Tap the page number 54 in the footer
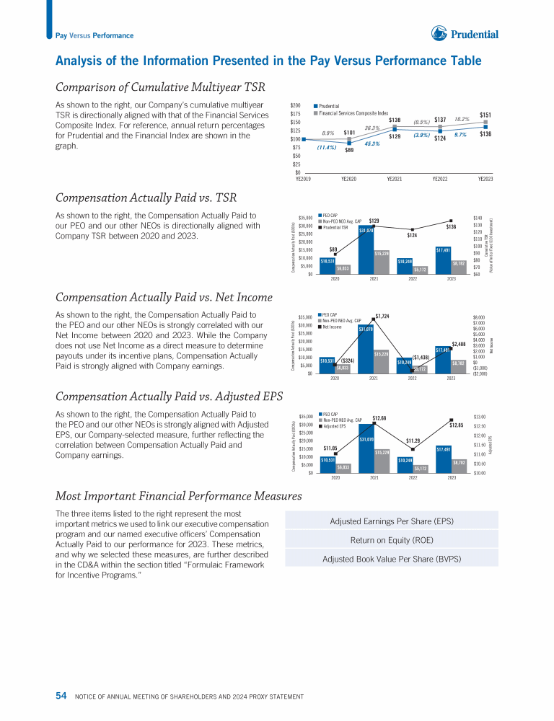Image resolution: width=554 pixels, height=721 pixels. (61, 696)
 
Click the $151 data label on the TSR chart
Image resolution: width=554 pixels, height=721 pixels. (485, 115)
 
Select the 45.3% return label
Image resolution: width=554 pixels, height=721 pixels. (372, 143)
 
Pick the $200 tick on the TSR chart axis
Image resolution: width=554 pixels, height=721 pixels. (295, 105)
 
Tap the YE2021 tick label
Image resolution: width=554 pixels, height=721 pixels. (394, 179)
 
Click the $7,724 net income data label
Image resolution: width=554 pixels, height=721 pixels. (382, 316)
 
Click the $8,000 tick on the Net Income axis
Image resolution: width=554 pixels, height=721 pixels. (478, 317)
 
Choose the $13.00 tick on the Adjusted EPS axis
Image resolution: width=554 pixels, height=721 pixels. (479, 417)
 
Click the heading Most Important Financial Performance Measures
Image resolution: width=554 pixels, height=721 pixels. (178, 496)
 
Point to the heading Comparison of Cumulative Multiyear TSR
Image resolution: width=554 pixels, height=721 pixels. (160, 87)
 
